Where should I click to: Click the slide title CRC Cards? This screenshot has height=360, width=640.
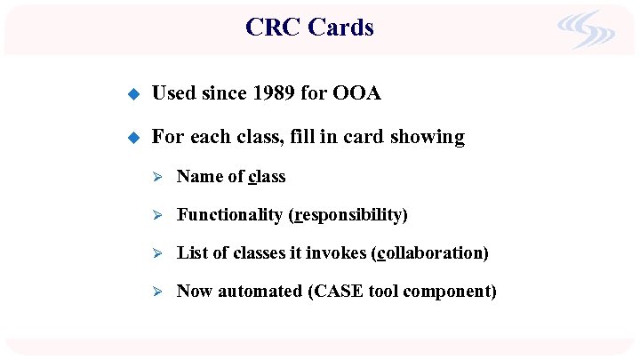(309, 28)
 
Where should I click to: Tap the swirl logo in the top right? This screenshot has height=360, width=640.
(586, 30)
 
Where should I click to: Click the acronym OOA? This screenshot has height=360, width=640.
(356, 93)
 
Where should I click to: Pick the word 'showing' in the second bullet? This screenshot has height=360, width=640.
(432, 137)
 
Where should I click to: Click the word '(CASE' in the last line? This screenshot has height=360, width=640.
(333, 292)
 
